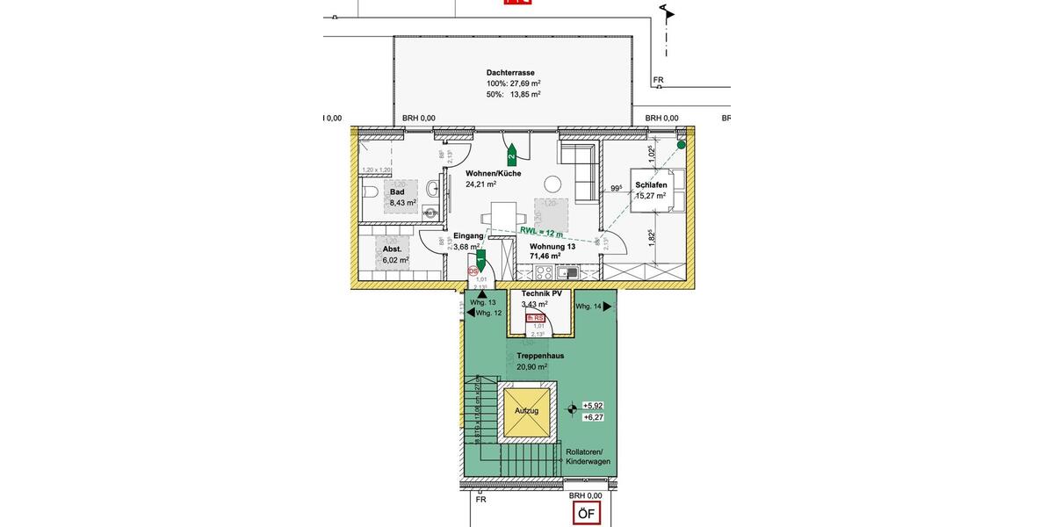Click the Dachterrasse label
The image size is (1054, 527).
[x=510, y=73]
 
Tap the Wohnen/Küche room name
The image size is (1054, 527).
[x=493, y=173]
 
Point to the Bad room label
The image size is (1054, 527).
[x=397, y=192]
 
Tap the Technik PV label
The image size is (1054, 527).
[x=541, y=293]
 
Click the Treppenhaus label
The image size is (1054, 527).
[x=540, y=356]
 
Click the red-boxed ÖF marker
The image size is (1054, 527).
[x=585, y=514]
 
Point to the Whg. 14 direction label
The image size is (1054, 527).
[x=589, y=307]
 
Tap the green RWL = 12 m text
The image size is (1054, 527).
[x=540, y=232]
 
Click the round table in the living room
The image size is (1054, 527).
[x=552, y=184]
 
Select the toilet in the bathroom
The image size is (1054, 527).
[x=369, y=191]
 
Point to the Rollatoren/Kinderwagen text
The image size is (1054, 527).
[x=588, y=457]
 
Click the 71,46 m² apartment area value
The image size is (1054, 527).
[x=545, y=256]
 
